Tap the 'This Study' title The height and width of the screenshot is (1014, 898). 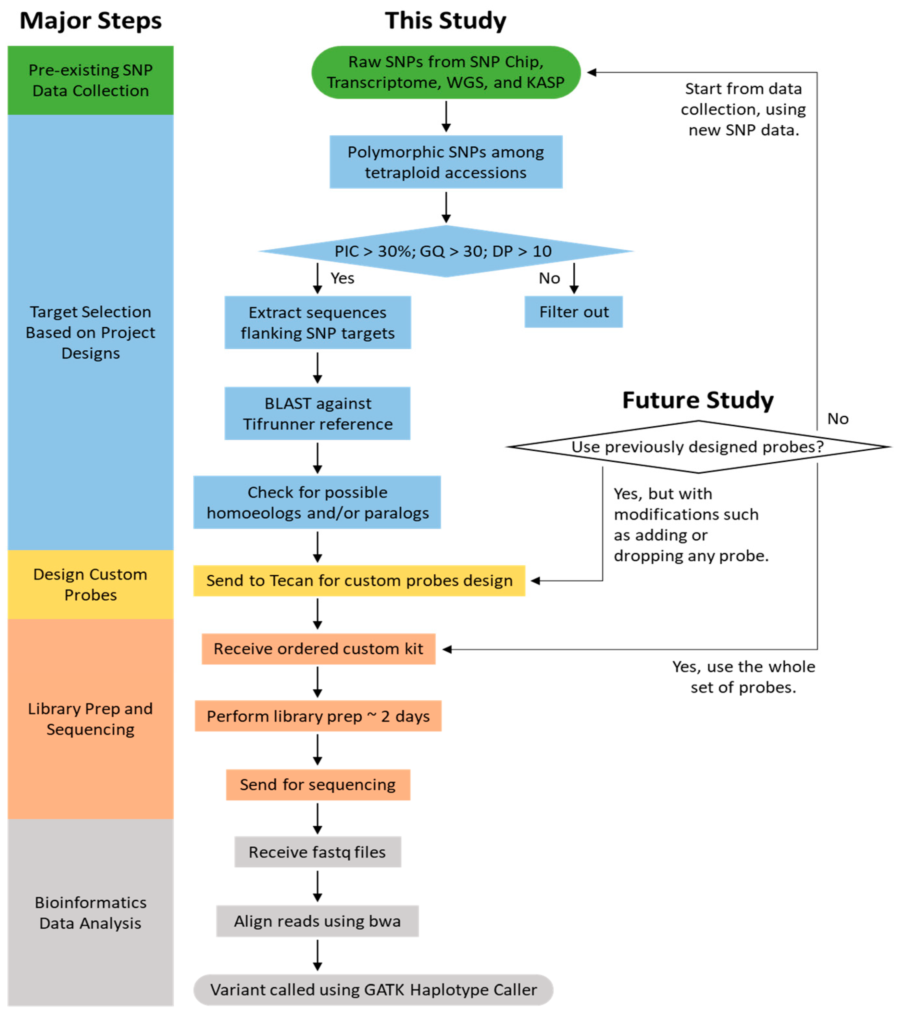[445, 21]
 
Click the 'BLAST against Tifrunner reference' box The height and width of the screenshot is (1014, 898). [318, 414]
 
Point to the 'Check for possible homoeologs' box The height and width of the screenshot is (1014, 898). [317, 503]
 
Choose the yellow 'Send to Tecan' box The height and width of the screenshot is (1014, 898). [359, 581]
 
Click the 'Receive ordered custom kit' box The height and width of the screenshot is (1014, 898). [318, 649]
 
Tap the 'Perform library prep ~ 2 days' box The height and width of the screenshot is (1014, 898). [318, 716]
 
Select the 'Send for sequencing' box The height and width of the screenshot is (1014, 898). [318, 785]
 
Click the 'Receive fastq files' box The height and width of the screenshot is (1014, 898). [318, 852]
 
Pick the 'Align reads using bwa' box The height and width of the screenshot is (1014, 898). [318, 921]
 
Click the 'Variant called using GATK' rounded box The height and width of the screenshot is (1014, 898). [373, 990]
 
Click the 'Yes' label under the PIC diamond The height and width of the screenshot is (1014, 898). [342, 278]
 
